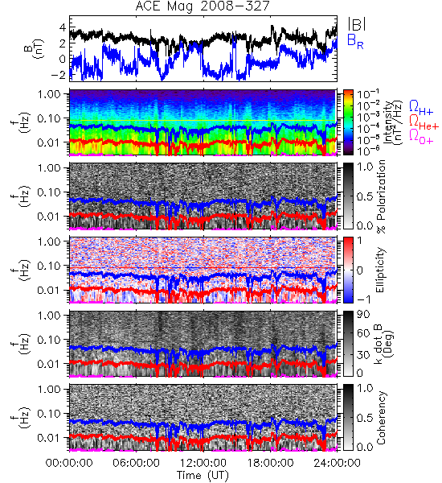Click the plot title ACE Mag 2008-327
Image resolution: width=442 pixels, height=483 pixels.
pos(203,6)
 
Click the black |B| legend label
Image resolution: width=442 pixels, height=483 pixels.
pos(357,24)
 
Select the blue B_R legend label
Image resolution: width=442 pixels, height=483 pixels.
pos(355,41)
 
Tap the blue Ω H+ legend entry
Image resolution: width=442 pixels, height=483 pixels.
pos(421,108)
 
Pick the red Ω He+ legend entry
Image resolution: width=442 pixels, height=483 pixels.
pos(424,122)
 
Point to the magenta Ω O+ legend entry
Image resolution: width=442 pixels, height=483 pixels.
pos(421,137)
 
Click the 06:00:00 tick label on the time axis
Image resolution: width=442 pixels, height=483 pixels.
pos(136,463)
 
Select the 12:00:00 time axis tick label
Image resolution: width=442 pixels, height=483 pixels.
pos(203,463)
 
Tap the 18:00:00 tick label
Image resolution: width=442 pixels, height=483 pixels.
pos(270,463)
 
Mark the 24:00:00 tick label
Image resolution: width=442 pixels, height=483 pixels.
pos(337,463)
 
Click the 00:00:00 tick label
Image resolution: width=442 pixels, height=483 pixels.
pos(69,463)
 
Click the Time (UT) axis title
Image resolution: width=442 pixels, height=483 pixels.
pos(203,475)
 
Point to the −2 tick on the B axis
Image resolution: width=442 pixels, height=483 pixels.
pos(60,75)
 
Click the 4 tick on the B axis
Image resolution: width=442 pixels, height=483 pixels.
pos(63,27)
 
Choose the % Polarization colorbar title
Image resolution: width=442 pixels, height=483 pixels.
pos(381,196)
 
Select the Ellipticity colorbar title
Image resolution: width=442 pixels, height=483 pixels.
pos(380,270)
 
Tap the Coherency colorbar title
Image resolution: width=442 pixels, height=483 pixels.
pos(381,418)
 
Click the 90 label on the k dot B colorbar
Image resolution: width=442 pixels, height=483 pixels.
pos(363,315)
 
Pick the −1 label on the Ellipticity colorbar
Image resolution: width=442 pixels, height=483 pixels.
pos(364,299)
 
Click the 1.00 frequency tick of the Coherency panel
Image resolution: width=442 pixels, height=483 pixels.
pos(50,390)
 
